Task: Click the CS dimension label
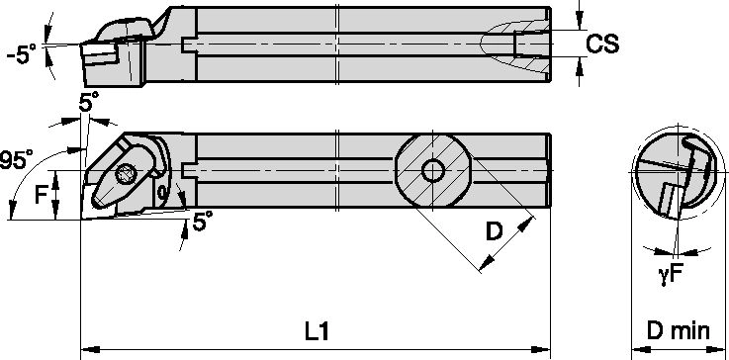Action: click(x=602, y=44)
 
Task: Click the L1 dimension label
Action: click(x=318, y=332)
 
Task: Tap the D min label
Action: click(x=679, y=331)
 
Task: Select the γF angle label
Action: click(x=670, y=276)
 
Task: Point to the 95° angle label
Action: click(x=16, y=160)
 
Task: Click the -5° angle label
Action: click(x=21, y=54)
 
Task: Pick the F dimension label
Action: click(x=42, y=196)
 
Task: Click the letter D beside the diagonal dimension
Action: click(x=495, y=231)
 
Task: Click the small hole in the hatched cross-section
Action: click(x=432, y=171)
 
